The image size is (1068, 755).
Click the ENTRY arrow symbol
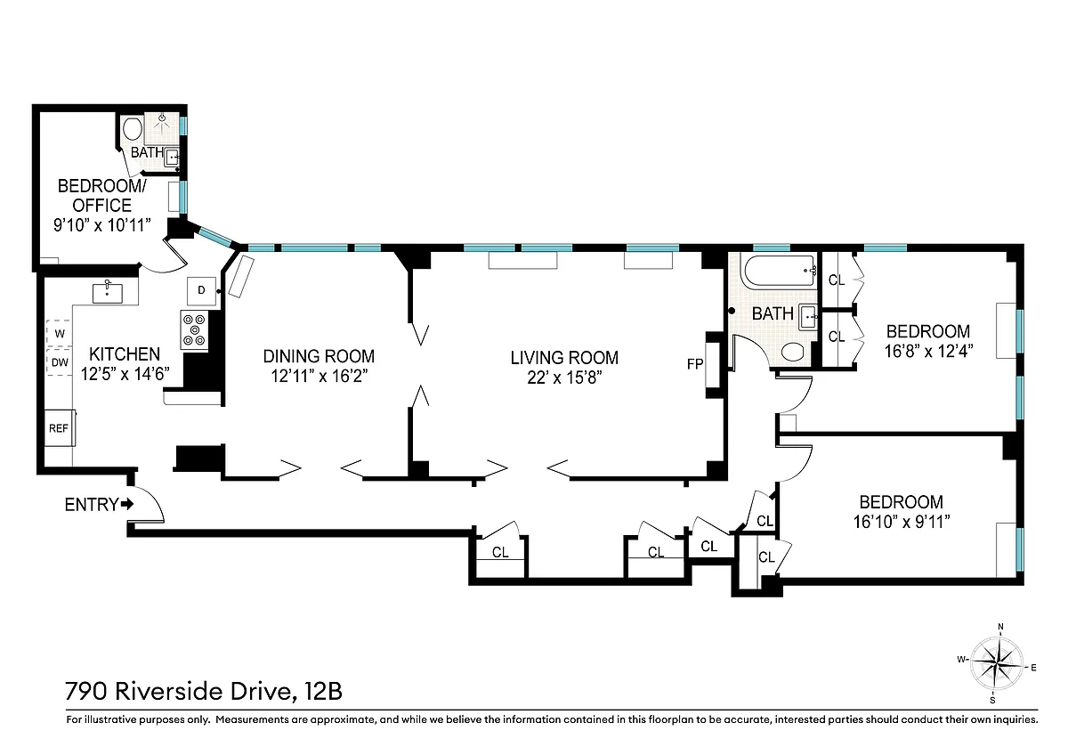(x=127, y=504)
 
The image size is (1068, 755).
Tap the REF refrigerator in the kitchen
(x=60, y=428)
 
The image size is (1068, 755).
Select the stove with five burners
(x=195, y=329)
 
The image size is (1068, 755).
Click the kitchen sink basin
(x=108, y=293)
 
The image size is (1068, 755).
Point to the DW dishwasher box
(x=59, y=362)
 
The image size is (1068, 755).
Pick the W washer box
(x=59, y=333)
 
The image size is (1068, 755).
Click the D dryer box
(x=201, y=290)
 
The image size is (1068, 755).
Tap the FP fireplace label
(x=695, y=364)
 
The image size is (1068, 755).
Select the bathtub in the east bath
(x=781, y=271)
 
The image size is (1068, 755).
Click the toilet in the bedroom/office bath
(x=133, y=129)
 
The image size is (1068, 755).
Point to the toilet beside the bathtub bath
(x=793, y=352)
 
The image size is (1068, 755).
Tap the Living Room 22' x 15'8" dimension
(x=564, y=377)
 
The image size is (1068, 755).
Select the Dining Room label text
(x=319, y=356)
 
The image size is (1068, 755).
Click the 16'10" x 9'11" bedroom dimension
(x=902, y=522)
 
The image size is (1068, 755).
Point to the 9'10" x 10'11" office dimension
(x=102, y=224)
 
